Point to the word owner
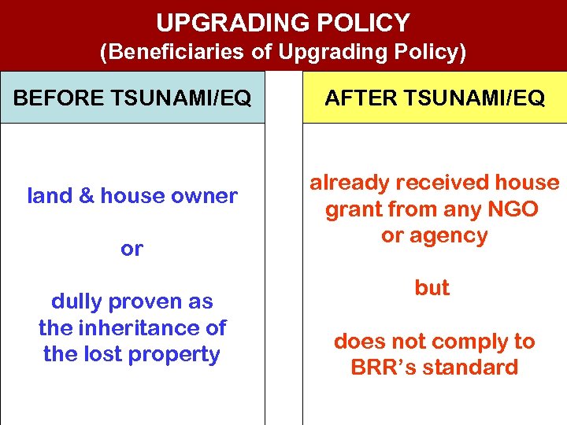(x=208, y=196)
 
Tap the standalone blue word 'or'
(x=132, y=249)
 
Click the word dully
(x=77, y=301)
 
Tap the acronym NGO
(x=513, y=209)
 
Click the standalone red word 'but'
(x=432, y=288)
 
